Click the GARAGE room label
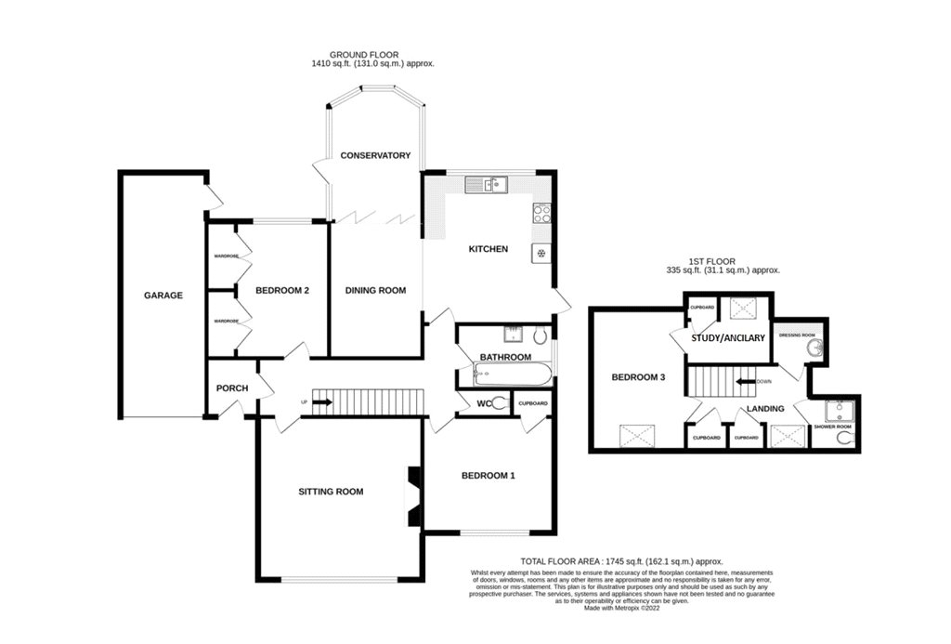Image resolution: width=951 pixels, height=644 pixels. (x=163, y=296)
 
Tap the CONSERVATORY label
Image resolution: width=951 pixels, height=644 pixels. (x=374, y=155)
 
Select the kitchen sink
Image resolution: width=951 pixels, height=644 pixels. (x=487, y=185)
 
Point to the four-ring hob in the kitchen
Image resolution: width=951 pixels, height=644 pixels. (x=541, y=215)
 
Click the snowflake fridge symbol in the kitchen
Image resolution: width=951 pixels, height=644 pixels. (x=540, y=252)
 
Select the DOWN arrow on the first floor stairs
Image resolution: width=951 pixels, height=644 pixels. (x=745, y=381)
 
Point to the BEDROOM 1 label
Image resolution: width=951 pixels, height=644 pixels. (x=488, y=476)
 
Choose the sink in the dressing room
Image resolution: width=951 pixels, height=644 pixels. (x=814, y=348)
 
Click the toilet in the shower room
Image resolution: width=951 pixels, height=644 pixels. (x=843, y=438)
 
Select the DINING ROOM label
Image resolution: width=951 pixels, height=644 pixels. (x=375, y=291)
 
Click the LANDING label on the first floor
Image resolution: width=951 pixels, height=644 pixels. (x=764, y=408)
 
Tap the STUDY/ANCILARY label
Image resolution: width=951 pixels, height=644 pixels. (x=728, y=338)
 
